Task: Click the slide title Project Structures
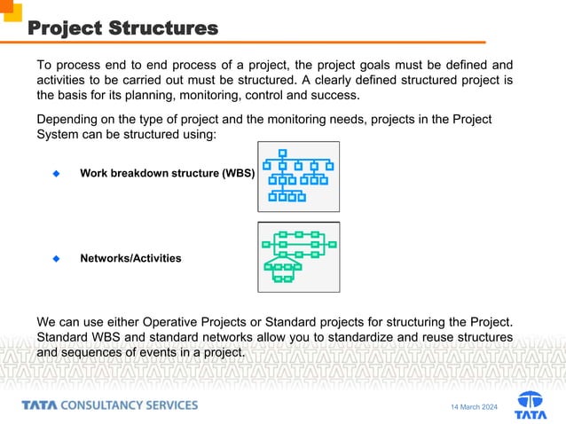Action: click(x=122, y=28)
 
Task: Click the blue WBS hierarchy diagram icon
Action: click(x=298, y=176)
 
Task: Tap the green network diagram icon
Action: click(x=298, y=257)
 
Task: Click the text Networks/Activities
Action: click(x=130, y=259)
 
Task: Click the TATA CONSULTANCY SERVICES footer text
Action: click(x=110, y=405)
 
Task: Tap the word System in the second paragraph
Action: click(x=59, y=135)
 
